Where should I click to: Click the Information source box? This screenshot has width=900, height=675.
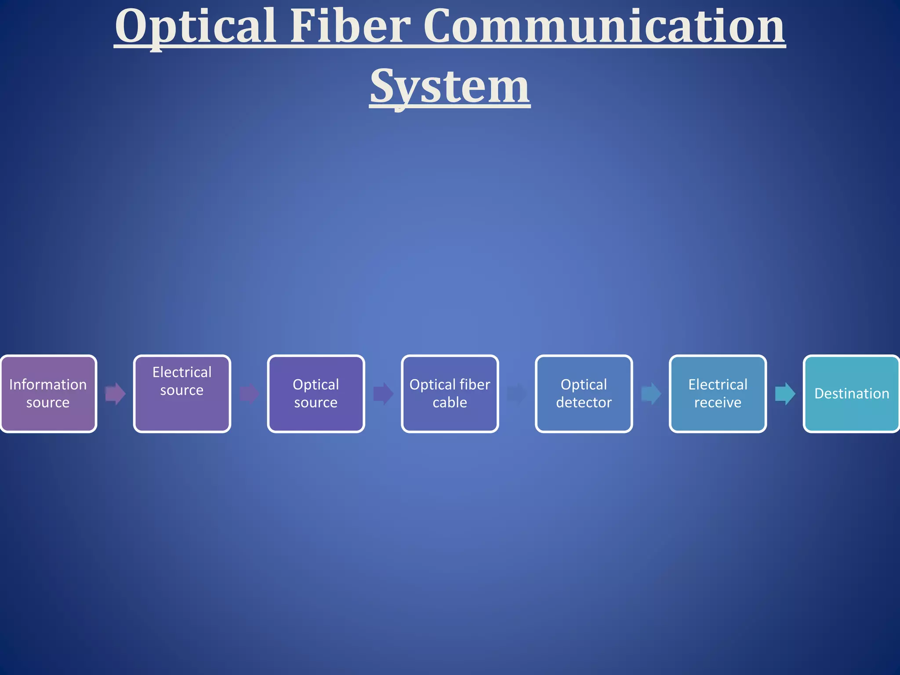tap(48, 394)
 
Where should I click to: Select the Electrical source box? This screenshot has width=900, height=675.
tap(182, 394)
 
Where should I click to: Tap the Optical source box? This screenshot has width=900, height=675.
tap(316, 394)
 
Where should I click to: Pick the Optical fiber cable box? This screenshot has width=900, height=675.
tap(450, 394)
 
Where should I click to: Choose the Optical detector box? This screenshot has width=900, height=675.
tap(584, 394)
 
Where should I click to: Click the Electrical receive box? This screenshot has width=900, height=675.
tap(718, 394)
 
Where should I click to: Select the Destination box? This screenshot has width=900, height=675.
tap(852, 394)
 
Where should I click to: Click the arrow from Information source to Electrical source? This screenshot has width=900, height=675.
tap(116, 393)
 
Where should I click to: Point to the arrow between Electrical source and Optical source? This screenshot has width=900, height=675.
tap(249, 393)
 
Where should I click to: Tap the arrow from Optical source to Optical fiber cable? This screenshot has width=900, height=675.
tap(383, 393)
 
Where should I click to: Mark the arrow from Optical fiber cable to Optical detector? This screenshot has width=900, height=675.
tap(517, 393)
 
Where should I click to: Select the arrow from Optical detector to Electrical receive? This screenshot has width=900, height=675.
tap(651, 393)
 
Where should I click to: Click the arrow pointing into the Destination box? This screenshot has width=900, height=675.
tap(785, 393)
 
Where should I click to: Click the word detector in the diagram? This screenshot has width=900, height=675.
tap(584, 403)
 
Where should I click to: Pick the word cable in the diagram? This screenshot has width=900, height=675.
tap(450, 403)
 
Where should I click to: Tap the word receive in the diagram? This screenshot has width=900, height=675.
tap(718, 403)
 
